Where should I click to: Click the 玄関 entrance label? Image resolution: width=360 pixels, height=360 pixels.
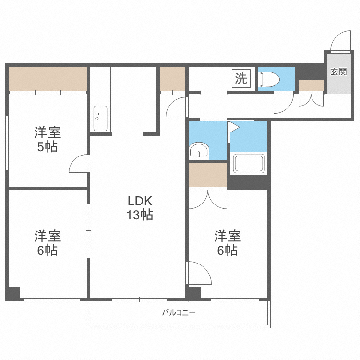338,72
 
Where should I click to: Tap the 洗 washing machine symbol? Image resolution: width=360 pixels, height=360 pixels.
241,78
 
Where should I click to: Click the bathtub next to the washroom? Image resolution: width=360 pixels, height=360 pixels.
249,163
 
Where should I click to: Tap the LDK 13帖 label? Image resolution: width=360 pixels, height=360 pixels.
140,207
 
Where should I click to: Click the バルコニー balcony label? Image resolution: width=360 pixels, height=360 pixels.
179,313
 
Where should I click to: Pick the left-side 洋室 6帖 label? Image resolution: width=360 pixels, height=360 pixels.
48,243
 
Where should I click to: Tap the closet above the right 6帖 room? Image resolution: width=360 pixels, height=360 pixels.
207,175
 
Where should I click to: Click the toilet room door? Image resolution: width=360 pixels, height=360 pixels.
283,102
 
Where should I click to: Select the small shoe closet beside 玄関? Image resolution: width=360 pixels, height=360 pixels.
311,86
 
